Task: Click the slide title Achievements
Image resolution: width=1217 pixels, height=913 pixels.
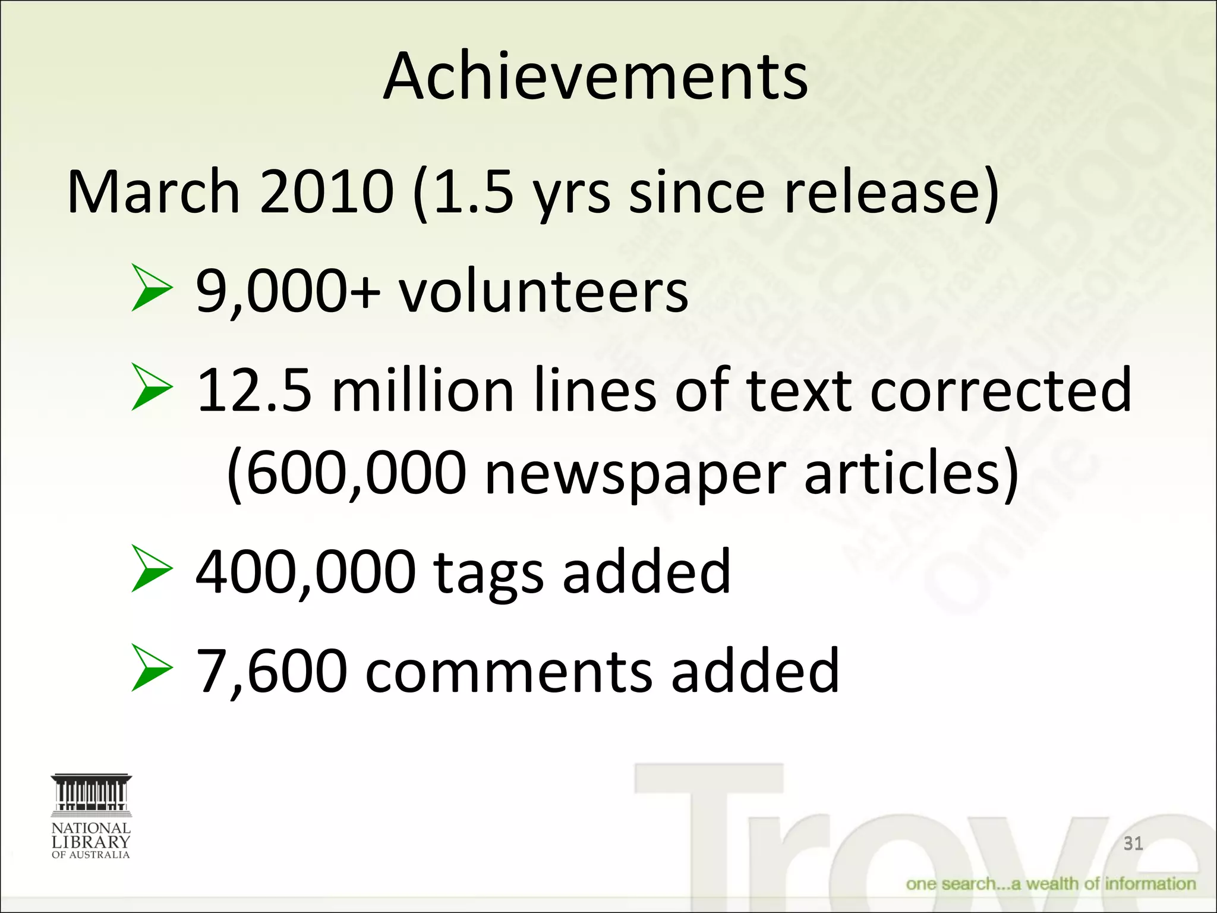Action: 595,77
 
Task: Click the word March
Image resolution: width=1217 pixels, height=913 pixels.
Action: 153,191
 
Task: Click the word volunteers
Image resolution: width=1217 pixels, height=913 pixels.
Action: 543,291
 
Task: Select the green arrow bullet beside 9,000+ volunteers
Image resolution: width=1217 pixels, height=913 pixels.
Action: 152,289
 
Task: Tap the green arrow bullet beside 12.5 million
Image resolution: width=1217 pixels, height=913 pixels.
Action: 152,388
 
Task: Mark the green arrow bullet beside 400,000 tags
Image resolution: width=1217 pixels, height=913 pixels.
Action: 152,569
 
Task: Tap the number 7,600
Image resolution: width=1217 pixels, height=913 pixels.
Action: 272,672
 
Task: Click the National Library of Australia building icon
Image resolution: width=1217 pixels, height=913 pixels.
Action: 91,794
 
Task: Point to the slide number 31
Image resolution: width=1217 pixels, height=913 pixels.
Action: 1133,843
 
